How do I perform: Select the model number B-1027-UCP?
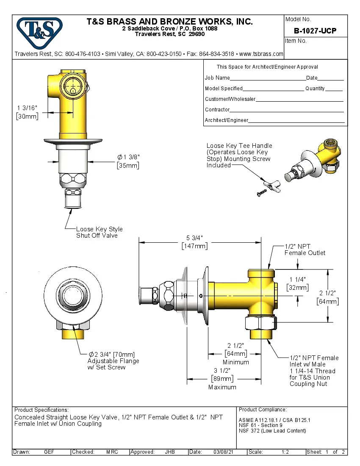tap(315, 31)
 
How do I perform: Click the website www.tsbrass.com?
tap(261, 54)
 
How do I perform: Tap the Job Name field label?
tap(217, 78)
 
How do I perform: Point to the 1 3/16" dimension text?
tap(28, 108)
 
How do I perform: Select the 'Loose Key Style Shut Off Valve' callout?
tap(99, 232)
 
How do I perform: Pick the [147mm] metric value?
tap(194, 246)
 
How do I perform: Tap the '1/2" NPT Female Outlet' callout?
tap(305, 250)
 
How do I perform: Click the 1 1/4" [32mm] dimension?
tap(298, 283)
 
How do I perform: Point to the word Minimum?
tap(236, 362)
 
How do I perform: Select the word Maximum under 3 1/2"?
tap(222, 387)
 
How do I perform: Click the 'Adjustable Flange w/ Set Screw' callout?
tap(113, 361)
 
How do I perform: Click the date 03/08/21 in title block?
tap(223, 452)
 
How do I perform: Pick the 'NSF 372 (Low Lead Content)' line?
tap(272, 431)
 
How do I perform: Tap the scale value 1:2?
tap(285, 452)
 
